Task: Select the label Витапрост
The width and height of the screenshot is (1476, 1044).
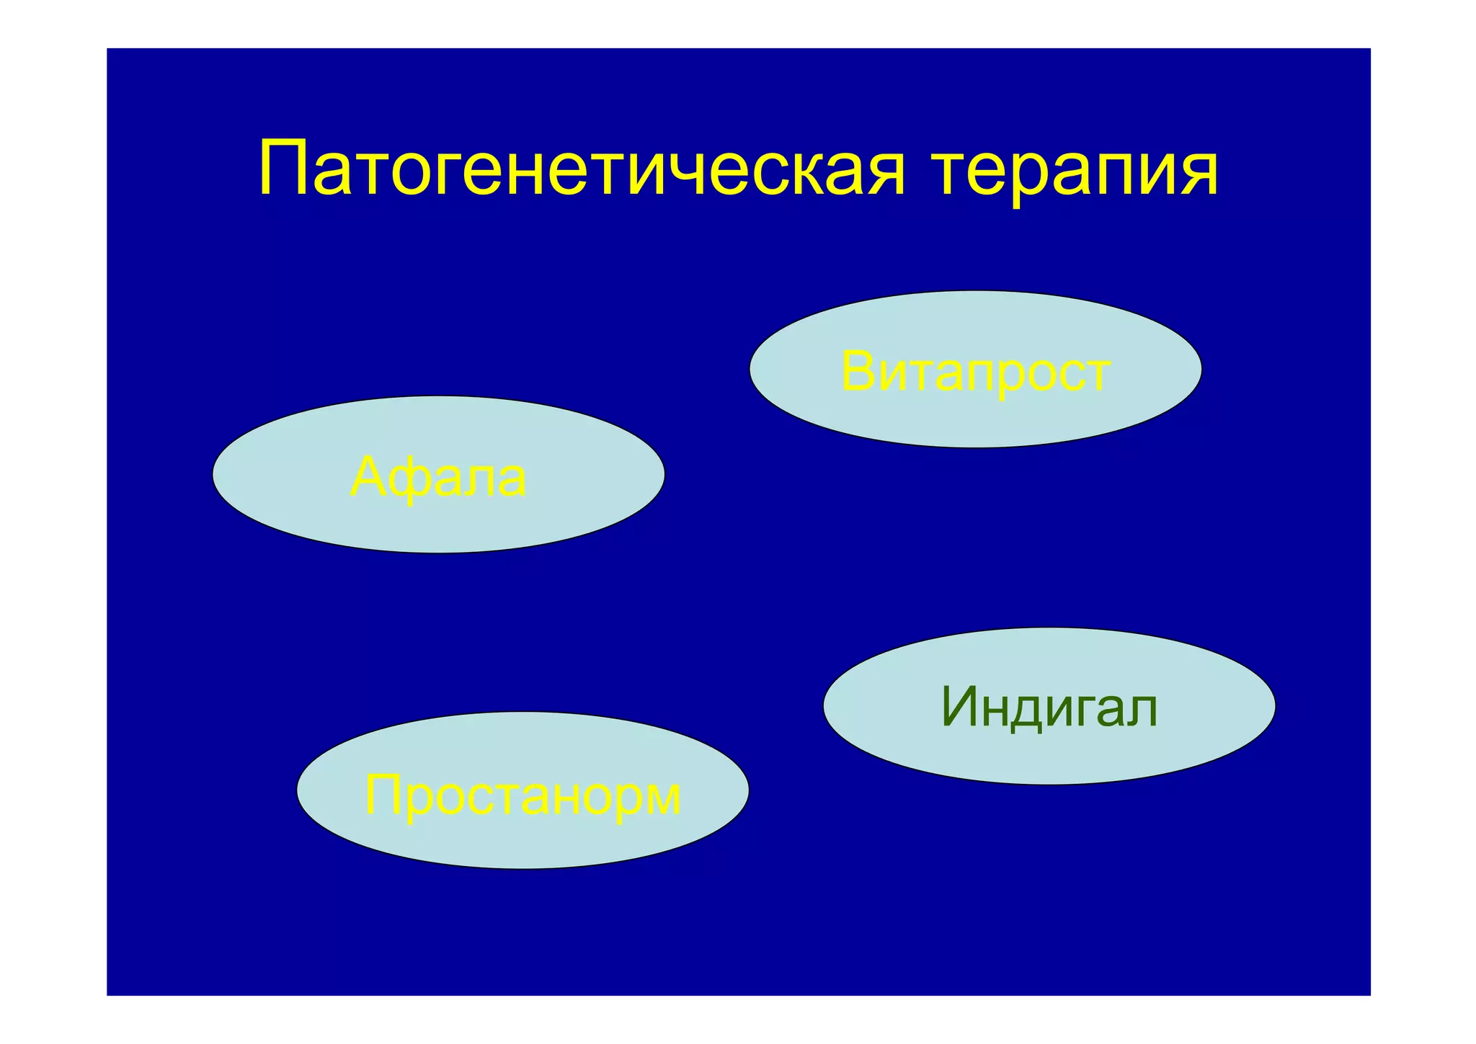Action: (975, 372)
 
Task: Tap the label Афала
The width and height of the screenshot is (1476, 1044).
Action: (438, 477)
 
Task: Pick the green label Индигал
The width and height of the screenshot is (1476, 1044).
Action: (1049, 708)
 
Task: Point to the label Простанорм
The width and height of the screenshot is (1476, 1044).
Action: (523, 795)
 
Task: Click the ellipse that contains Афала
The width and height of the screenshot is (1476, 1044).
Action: (438, 526)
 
